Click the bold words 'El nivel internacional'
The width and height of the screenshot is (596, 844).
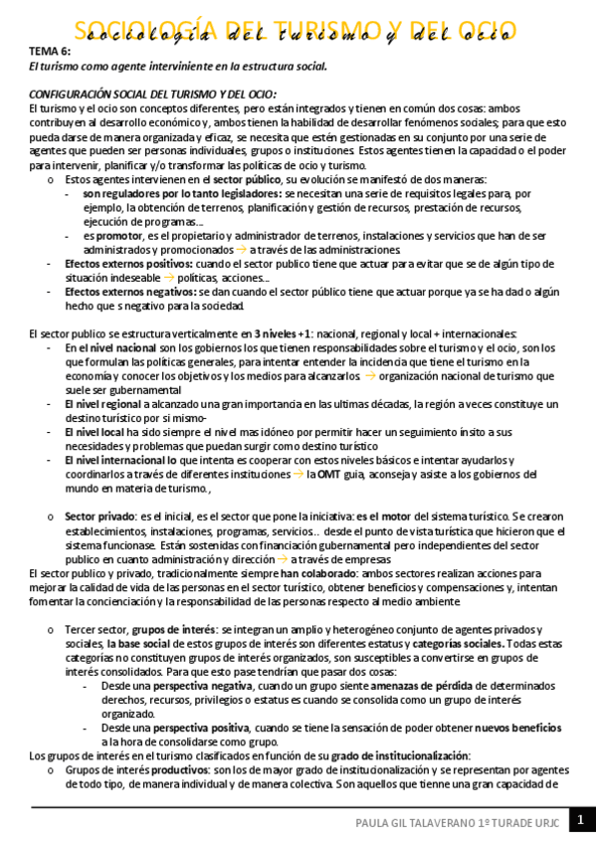(115, 461)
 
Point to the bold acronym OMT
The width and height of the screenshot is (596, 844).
(330, 475)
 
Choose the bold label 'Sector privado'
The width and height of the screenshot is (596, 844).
(99, 517)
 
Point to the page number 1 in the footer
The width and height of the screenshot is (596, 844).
(580, 820)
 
